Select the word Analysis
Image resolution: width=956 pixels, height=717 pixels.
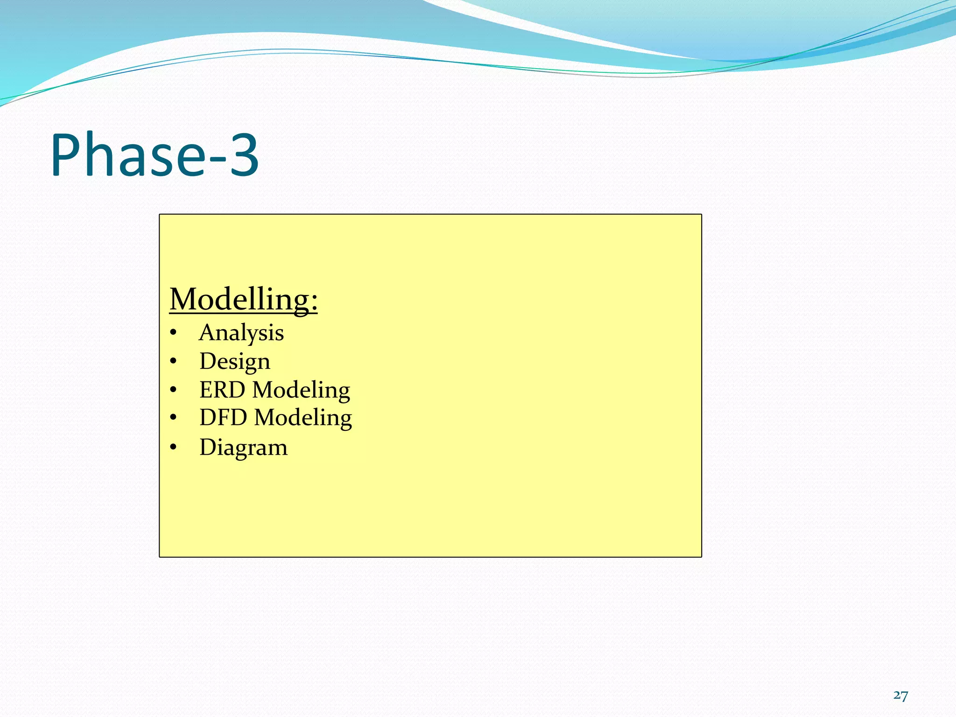click(241, 333)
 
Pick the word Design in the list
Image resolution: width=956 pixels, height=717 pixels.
click(235, 362)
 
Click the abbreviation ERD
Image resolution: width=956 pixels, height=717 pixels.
click(222, 390)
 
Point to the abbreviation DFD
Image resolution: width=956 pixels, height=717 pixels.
click(223, 417)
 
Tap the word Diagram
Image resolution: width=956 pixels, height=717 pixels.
click(243, 448)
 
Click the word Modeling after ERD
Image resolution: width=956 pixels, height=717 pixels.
click(301, 390)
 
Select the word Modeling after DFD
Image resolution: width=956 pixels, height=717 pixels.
click(303, 418)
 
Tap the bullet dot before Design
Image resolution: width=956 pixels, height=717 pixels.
click(174, 361)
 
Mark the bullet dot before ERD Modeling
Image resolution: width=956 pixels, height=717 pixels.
click(174, 390)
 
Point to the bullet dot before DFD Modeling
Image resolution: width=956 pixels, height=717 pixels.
click(174, 417)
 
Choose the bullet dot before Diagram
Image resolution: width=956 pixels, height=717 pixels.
click(174, 447)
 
